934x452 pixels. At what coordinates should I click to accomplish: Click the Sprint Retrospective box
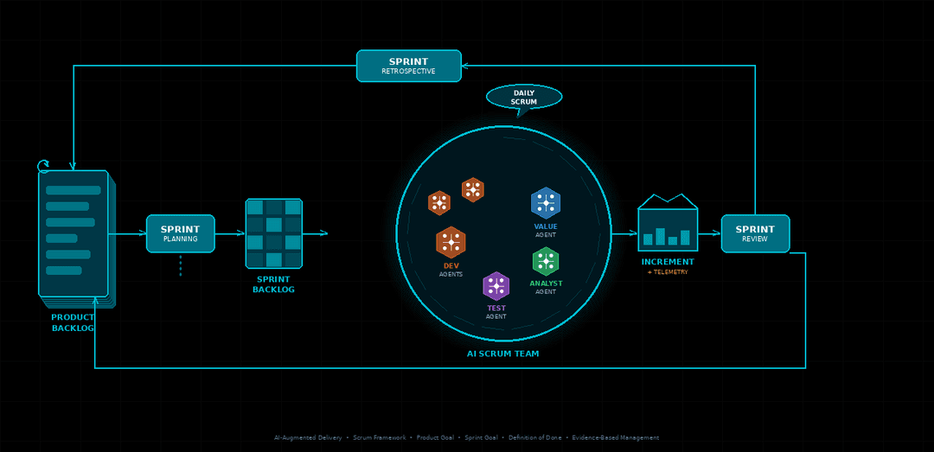coord(408,66)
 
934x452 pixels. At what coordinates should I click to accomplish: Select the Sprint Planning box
coord(180,233)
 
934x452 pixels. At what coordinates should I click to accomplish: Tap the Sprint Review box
coord(755,233)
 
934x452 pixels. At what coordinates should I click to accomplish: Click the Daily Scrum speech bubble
coord(524,97)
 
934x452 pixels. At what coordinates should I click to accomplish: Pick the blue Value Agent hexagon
coord(546,202)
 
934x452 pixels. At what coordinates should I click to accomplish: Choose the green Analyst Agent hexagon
coord(546,261)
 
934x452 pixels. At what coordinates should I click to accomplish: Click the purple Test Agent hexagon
coord(496,286)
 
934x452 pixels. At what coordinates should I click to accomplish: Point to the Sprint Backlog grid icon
coord(273,233)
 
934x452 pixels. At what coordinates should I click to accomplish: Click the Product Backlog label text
coord(73,322)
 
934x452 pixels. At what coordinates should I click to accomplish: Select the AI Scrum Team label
coord(502,353)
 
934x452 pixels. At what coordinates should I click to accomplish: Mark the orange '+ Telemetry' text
coord(668,272)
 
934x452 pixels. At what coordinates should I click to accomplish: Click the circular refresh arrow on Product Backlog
coord(43,165)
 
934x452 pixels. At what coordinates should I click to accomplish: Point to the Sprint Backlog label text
coord(273,284)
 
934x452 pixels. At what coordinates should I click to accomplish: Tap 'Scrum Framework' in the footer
coord(379,437)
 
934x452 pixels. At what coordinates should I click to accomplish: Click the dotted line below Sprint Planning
coord(180,265)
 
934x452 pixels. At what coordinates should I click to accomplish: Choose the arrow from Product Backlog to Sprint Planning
coord(128,233)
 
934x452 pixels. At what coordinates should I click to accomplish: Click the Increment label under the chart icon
coord(668,262)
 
